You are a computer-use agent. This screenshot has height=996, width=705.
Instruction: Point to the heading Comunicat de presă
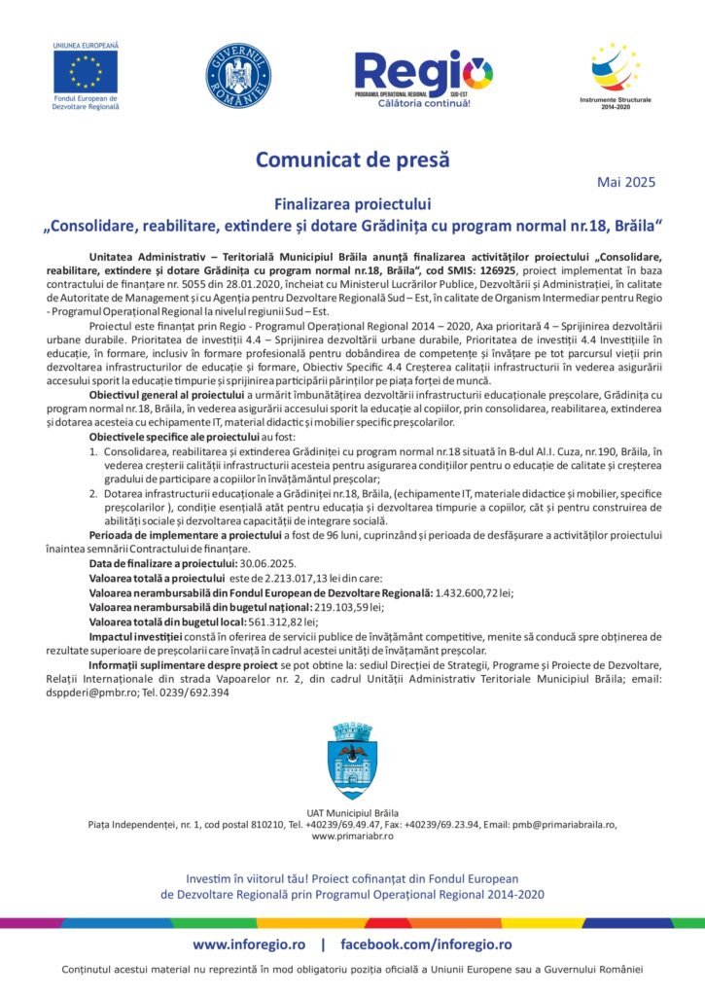(x=353, y=159)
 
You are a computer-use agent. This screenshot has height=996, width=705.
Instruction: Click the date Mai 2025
(x=626, y=181)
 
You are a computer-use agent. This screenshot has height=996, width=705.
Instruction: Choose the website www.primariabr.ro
(x=352, y=836)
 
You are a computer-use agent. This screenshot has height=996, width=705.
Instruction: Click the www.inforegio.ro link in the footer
(x=249, y=944)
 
